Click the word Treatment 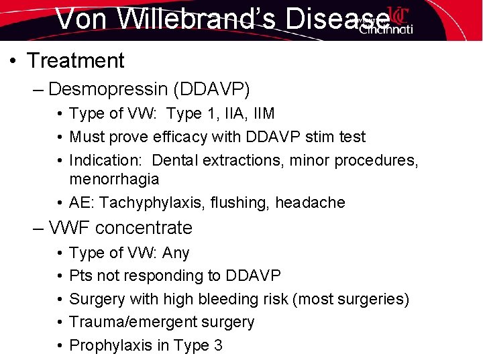click(x=76, y=61)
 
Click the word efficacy click(x=189, y=137)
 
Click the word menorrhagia click(x=114, y=179)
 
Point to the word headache click(x=313, y=202)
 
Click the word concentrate click(x=146, y=228)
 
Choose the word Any click(x=176, y=253)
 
